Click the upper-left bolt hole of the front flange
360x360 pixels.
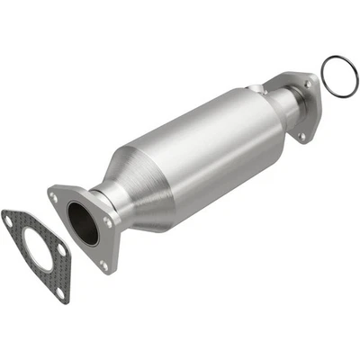click(59, 193)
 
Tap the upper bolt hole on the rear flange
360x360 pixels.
click(308, 85)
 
